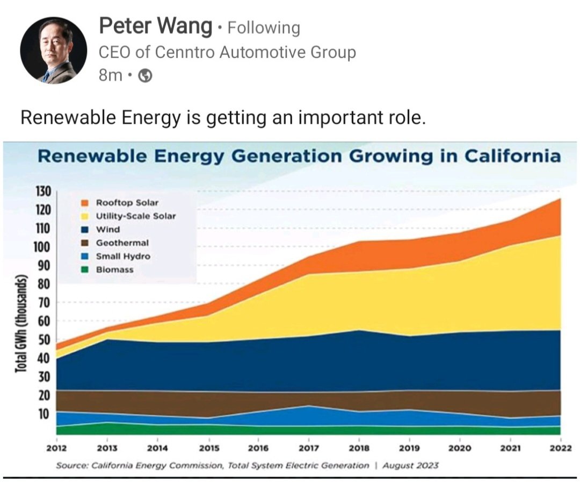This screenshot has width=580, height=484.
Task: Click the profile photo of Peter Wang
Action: click(53, 50)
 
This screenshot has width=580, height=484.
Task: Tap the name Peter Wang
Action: click(156, 26)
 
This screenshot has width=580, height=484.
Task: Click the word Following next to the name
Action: click(264, 27)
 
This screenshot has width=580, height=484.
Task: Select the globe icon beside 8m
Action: click(146, 76)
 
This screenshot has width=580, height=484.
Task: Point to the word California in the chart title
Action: click(512, 156)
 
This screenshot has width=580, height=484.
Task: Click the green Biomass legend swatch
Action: click(85, 270)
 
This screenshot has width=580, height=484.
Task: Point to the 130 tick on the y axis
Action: click(42, 191)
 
